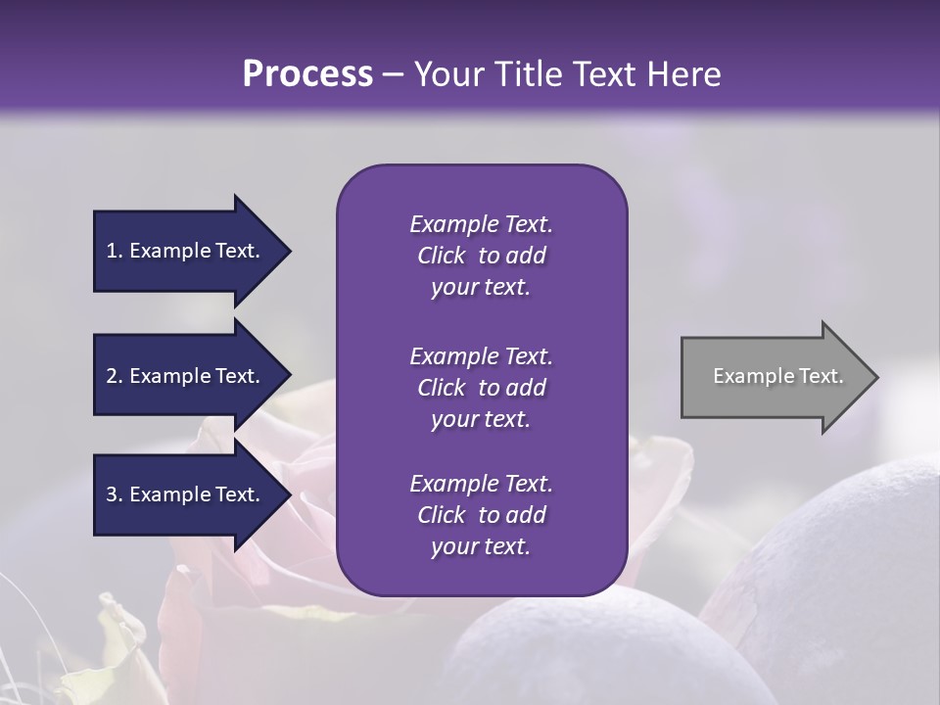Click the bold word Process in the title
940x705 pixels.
(307, 74)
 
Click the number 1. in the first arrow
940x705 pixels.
(115, 251)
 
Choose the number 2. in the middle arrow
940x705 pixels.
(115, 376)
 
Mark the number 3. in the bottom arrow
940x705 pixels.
(115, 494)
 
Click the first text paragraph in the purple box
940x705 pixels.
(481, 256)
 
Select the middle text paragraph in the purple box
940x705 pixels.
(481, 387)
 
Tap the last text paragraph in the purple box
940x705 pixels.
(481, 515)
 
